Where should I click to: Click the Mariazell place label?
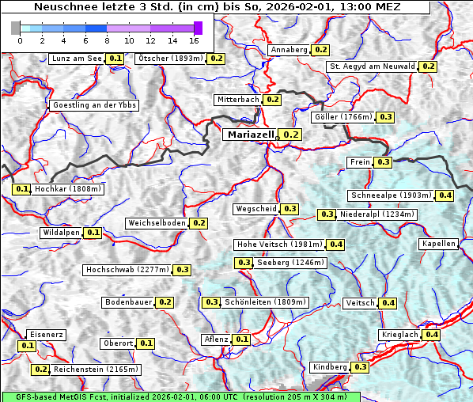[x=250, y=135]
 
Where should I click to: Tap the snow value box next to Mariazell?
[x=291, y=135]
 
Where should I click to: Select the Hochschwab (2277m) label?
[x=127, y=270]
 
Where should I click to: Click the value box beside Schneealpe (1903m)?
[x=445, y=195]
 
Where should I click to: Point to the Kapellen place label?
[x=439, y=244]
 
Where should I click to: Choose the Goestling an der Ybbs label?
[x=93, y=105]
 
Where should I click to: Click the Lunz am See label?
[x=76, y=59]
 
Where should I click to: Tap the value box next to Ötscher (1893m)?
[x=216, y=59]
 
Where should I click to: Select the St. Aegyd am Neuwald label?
[x=372, y=66]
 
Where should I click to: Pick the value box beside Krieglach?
[x=431, y=335]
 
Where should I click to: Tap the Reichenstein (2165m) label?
[x=97, y=370]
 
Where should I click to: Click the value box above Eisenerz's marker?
[x=28, y=346]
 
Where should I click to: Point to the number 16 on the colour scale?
[x=194, y=40]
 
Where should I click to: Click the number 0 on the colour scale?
[x=19, y=40]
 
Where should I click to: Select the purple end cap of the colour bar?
[x=198, y=28]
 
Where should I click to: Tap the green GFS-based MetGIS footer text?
[x=180, y=396]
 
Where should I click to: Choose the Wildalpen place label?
[x=61, y=233]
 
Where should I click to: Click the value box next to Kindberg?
[x=360, y=367]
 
